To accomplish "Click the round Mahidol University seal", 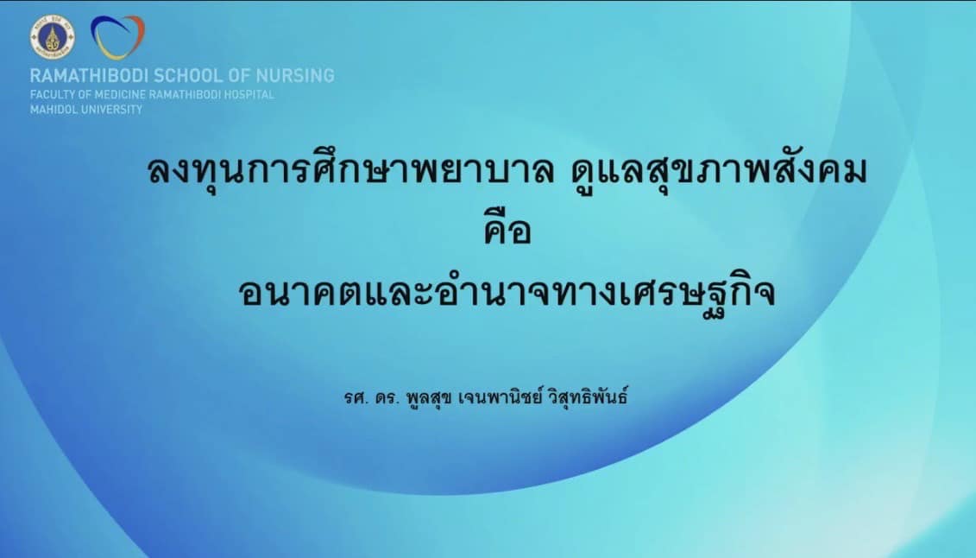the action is click(53, 37).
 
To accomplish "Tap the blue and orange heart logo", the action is click(117, 37).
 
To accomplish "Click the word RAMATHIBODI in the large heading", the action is click(89, 76).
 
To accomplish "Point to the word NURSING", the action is click(296, 76).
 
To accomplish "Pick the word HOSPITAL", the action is click(249, 95).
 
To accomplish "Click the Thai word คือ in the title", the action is click(507, 228).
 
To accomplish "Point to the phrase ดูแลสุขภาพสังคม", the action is click(719, 171).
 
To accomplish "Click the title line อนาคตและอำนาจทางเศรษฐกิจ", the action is click(507, 291).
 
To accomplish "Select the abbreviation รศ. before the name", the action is click(357, 396).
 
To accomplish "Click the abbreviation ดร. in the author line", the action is click(387, 396).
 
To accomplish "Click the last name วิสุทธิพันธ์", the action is click(589, 396).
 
